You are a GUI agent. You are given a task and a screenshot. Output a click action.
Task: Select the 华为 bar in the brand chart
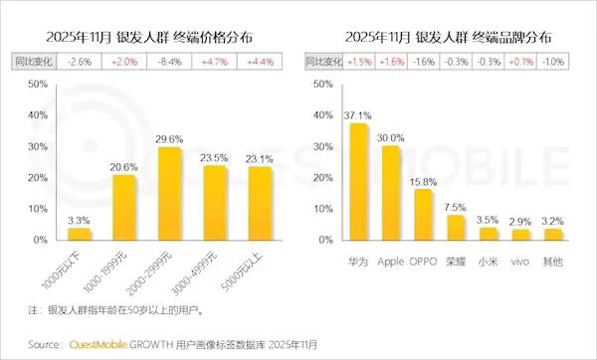tap(358, 182)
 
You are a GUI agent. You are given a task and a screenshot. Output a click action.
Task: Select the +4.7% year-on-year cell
tap(214, 62)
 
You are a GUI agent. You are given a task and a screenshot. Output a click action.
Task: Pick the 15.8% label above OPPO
tap(424, 181)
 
